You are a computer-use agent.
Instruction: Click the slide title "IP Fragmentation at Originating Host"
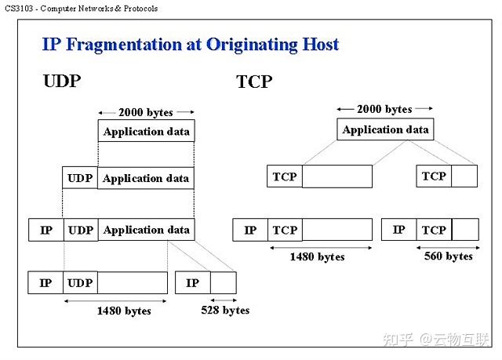191,44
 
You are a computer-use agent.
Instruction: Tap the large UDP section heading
62,81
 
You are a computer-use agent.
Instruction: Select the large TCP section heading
254,82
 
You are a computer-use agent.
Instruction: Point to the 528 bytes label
225,311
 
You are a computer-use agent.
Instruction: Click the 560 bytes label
448,256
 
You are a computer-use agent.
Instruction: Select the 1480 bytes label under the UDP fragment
124,311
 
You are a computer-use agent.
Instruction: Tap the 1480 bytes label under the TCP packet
317,256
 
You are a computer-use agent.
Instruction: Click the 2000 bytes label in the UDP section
146,112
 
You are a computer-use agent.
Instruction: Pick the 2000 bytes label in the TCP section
384,109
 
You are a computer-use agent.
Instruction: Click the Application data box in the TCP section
385,129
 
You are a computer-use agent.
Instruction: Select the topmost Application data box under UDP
146,131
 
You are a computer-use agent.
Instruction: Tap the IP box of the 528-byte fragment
193,282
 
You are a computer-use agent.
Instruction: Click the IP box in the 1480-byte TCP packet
250,230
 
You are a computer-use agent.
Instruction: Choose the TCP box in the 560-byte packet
434,230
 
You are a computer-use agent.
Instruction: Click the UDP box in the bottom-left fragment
80,282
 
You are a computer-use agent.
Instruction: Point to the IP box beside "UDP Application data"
45,230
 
